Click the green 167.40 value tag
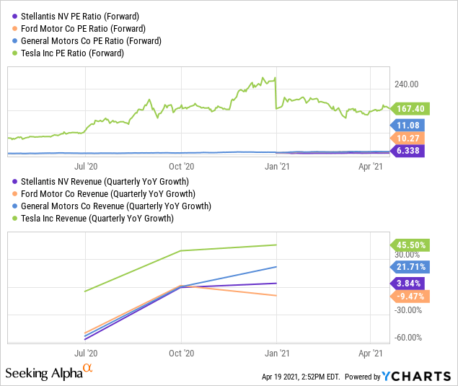pos(409,109)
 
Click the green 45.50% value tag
pos(409,245)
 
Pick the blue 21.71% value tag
pos(409,267)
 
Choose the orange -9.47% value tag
pos(409,296)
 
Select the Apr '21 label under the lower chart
pos(371,354)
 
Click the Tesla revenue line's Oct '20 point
pos(182,250)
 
